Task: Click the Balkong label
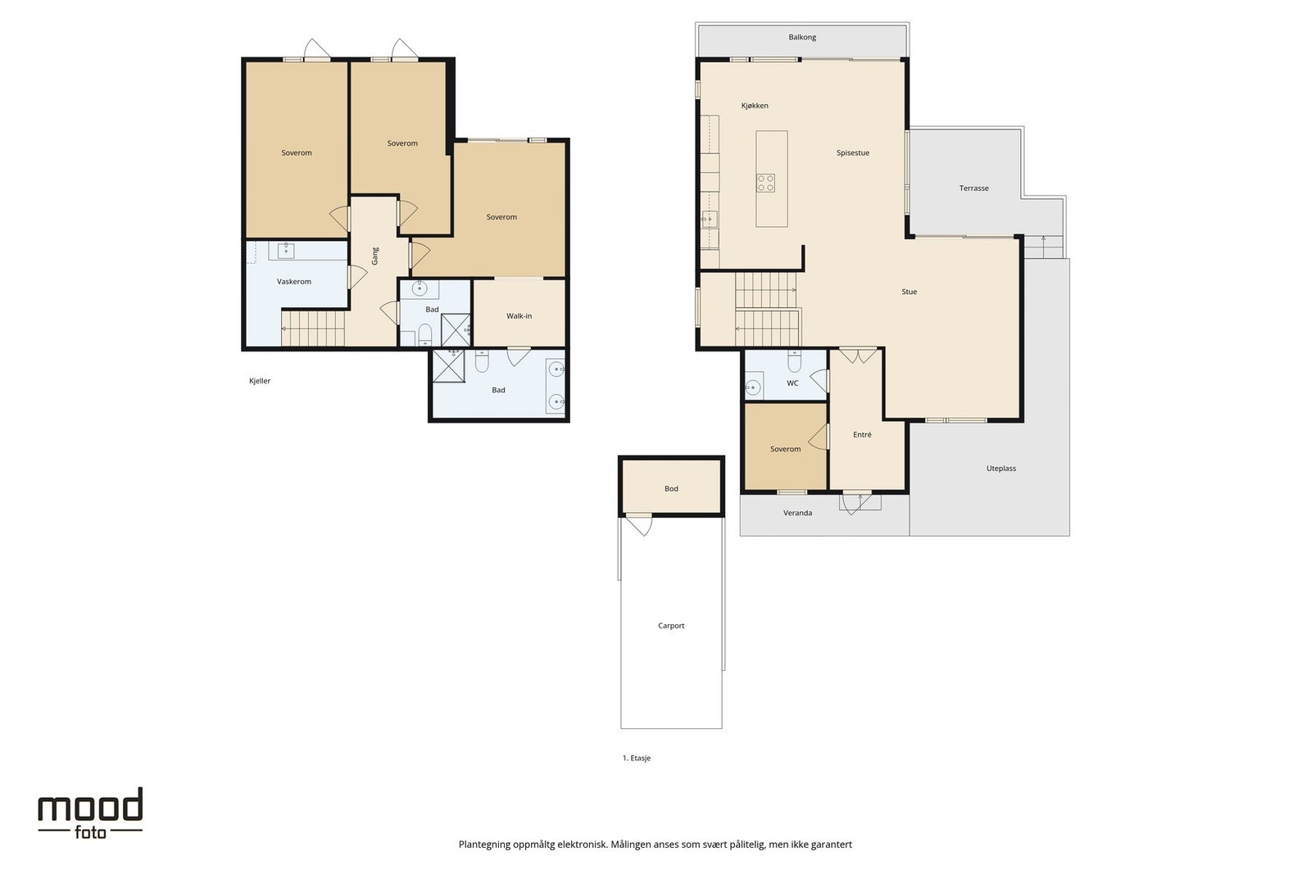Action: (x=802, y=37)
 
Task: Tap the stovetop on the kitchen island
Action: (x=765, y=183)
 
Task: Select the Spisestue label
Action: (x=853, y=152)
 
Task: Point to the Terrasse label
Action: (x=974, y=188)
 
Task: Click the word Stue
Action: (x=909, y=292)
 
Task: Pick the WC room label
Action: (x=792, y=383)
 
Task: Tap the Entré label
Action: (x=862, y=434)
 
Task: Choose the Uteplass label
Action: (x=1000, y=468)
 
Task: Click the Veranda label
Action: (x=798, y=513)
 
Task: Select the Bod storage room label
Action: (x=671, y=488)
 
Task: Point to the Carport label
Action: (x=671, y=625)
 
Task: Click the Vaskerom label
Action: (x=294, y=282)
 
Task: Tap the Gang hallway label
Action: (x=375, y=256)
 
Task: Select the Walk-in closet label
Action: (x=519, y=316)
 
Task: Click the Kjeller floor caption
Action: (x=260, y=381)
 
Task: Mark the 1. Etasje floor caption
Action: (x=636, y=758)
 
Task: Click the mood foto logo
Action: (x=90, y=813)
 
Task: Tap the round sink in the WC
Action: (x=753, y=387)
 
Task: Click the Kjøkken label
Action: (x=755, y=106)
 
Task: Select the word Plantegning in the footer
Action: (x=484, y=845)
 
